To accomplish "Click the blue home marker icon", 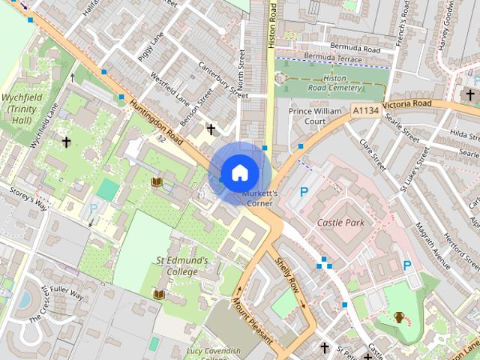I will click(x=238, y=173).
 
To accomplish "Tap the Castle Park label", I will click(x=340, y=223).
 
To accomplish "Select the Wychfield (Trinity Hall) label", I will click(x=20, y=109).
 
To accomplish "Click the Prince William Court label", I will click(x=317, y=115).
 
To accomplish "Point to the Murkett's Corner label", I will click(x=259, y=198).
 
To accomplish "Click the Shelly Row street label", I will click(x=286, y=275).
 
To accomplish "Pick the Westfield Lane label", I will click(x=170, y=88).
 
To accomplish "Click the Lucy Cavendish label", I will click(x=214, y=351).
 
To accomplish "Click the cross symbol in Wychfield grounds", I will click(x=66, y=141).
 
